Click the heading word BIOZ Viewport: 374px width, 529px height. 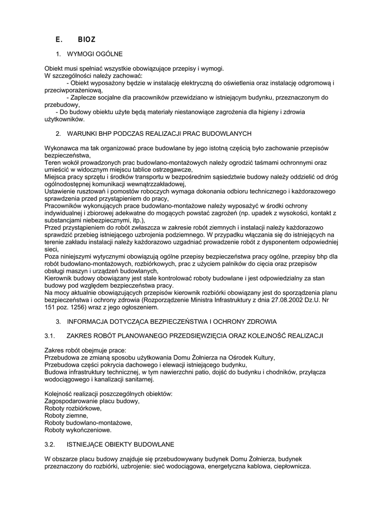(x=86, y=39)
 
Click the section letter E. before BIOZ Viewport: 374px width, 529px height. (x=58, y=39)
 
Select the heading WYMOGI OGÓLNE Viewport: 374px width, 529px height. (x=95, y=54)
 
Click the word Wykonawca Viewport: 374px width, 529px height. (x=61, y=148)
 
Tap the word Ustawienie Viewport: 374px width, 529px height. (x=60, y=191)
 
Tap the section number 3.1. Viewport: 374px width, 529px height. (x=50, y=336)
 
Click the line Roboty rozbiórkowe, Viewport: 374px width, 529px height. (x=73, y=408)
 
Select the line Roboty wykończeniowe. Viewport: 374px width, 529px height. (x=78, y=430)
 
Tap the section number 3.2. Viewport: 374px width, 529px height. (x=50, y=444)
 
